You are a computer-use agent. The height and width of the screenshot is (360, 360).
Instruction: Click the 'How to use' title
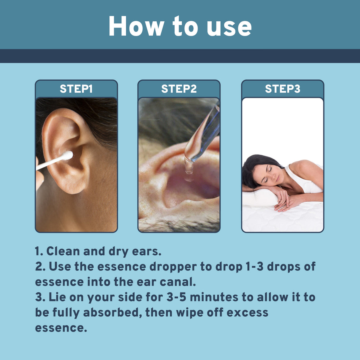[x=180, y=26]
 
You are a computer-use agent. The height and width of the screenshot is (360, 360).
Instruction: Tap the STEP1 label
[x=76, y=89]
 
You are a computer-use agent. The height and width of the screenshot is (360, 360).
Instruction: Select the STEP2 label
[x=179, y=89]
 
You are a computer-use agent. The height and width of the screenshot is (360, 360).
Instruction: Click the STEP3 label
[x=282, y=89]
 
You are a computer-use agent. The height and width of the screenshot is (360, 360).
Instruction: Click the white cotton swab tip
[x=68, y=155]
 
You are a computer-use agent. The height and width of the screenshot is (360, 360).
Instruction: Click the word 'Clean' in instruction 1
[x=63, y=251]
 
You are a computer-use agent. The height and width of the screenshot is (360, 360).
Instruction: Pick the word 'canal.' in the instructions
[x=178, y=282]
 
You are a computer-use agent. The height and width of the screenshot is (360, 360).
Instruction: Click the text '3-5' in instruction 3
[x=176, y=297]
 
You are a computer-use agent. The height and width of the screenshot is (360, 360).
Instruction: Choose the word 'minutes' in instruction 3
[x=214, y=297]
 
